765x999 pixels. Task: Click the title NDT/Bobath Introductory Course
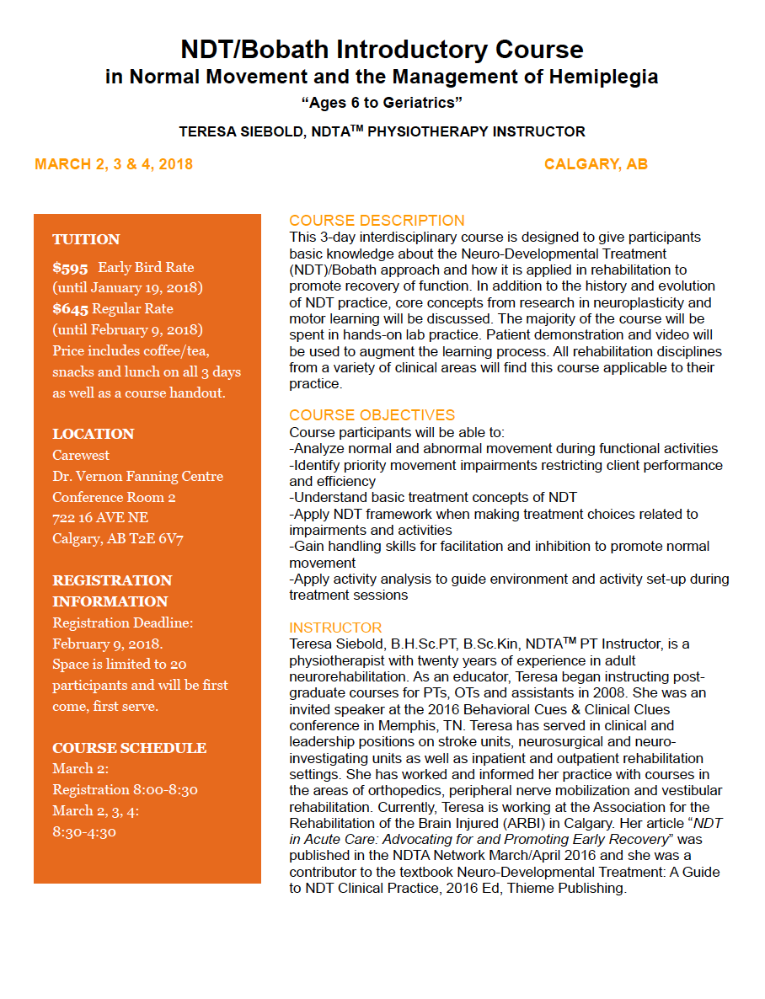click(382, 49)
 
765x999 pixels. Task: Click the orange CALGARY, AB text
click(596, 164)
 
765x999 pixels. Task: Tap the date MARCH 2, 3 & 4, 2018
click(114, 164)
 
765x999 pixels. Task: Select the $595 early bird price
click(70, 268)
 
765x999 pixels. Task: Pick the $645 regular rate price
click(70, 309)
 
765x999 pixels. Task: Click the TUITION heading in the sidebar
click(86, 239)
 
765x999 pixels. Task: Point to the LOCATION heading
click(93, 435)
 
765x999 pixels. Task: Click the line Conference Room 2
click(114, 497)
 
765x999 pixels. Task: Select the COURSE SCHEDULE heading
click(129, 748)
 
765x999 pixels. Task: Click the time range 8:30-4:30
click(83, 832)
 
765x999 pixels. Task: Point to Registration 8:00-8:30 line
click(125, 790)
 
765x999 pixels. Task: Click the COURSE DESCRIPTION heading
click(377, 221)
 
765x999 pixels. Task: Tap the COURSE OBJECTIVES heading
click(372, 415)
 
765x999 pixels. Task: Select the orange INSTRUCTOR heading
click(335, 628)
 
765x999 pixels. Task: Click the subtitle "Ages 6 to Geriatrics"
click(382, 103)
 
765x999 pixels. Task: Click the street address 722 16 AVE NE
click(100, 518)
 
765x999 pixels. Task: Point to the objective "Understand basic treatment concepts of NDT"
click(433, 497)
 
